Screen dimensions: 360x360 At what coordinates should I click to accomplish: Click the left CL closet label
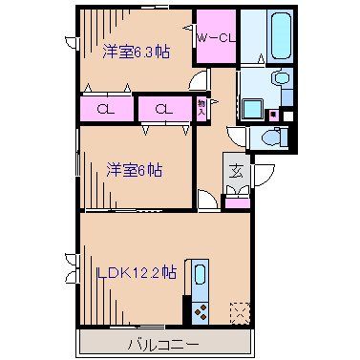pyautogui.click(x=106, y=108)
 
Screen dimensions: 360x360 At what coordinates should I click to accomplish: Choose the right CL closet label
pyautogui.click(x=164, y=108)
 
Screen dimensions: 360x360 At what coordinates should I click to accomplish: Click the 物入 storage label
pyautogui.click(x=201, y=108)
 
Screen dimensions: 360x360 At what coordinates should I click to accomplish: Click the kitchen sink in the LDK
pyautogui.click(x=200, y=277)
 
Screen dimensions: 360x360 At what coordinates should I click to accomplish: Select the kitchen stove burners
pyautogui.click(x=201, y=311)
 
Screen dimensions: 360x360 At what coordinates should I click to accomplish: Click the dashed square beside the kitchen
pyautogui.click(x=239, y=311)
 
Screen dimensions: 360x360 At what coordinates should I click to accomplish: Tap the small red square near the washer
pyautogui.click(x=272, y=116)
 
